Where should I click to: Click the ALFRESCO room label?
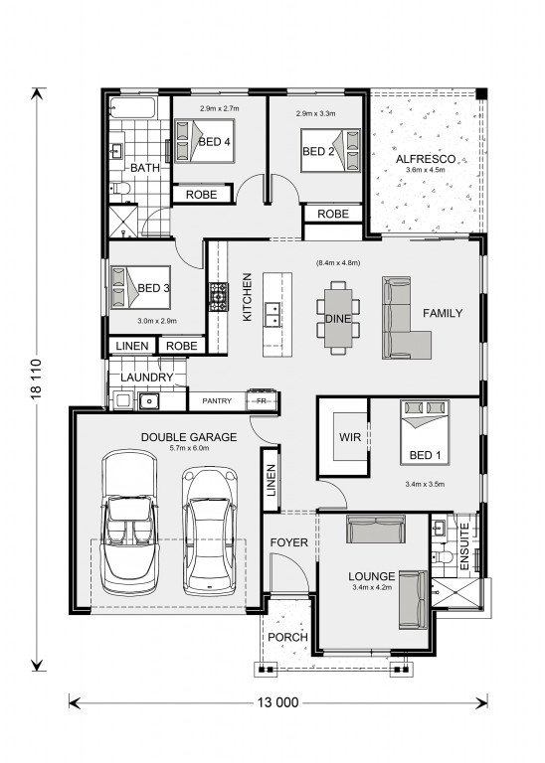pos(426,159)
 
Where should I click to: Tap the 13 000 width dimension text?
pos(277,702)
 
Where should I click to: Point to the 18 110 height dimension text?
pos(37,380)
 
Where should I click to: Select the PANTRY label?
pos(217,401)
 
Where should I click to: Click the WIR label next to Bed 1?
pos(350,437)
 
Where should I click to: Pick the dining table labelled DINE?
pos(338,318)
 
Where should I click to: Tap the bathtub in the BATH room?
pos(132,107)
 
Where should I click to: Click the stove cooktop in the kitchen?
pos(219,296)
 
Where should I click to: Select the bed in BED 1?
pos(425,432)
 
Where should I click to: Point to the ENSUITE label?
pos(463,546)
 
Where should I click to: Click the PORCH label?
pos(287,637)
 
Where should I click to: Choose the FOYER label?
pos(288,542)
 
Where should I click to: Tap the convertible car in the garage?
pos(129,524)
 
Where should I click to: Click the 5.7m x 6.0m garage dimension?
pos(189,448)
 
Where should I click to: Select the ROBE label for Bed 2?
pos(333,214)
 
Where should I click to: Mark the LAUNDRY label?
pos(146,378)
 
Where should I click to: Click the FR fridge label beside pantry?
pos(261,401)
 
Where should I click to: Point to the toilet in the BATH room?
pos(119,188)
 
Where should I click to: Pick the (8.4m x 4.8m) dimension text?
pos(338,262)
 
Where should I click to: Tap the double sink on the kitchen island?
pos(272,314)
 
